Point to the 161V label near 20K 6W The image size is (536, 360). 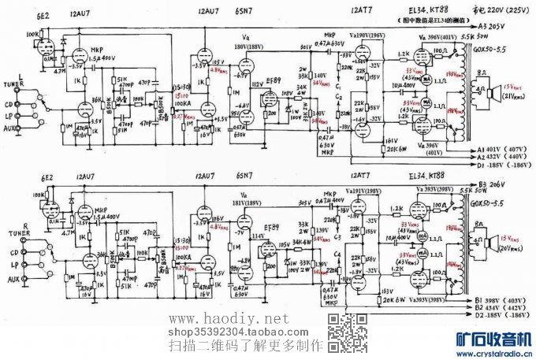389,140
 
